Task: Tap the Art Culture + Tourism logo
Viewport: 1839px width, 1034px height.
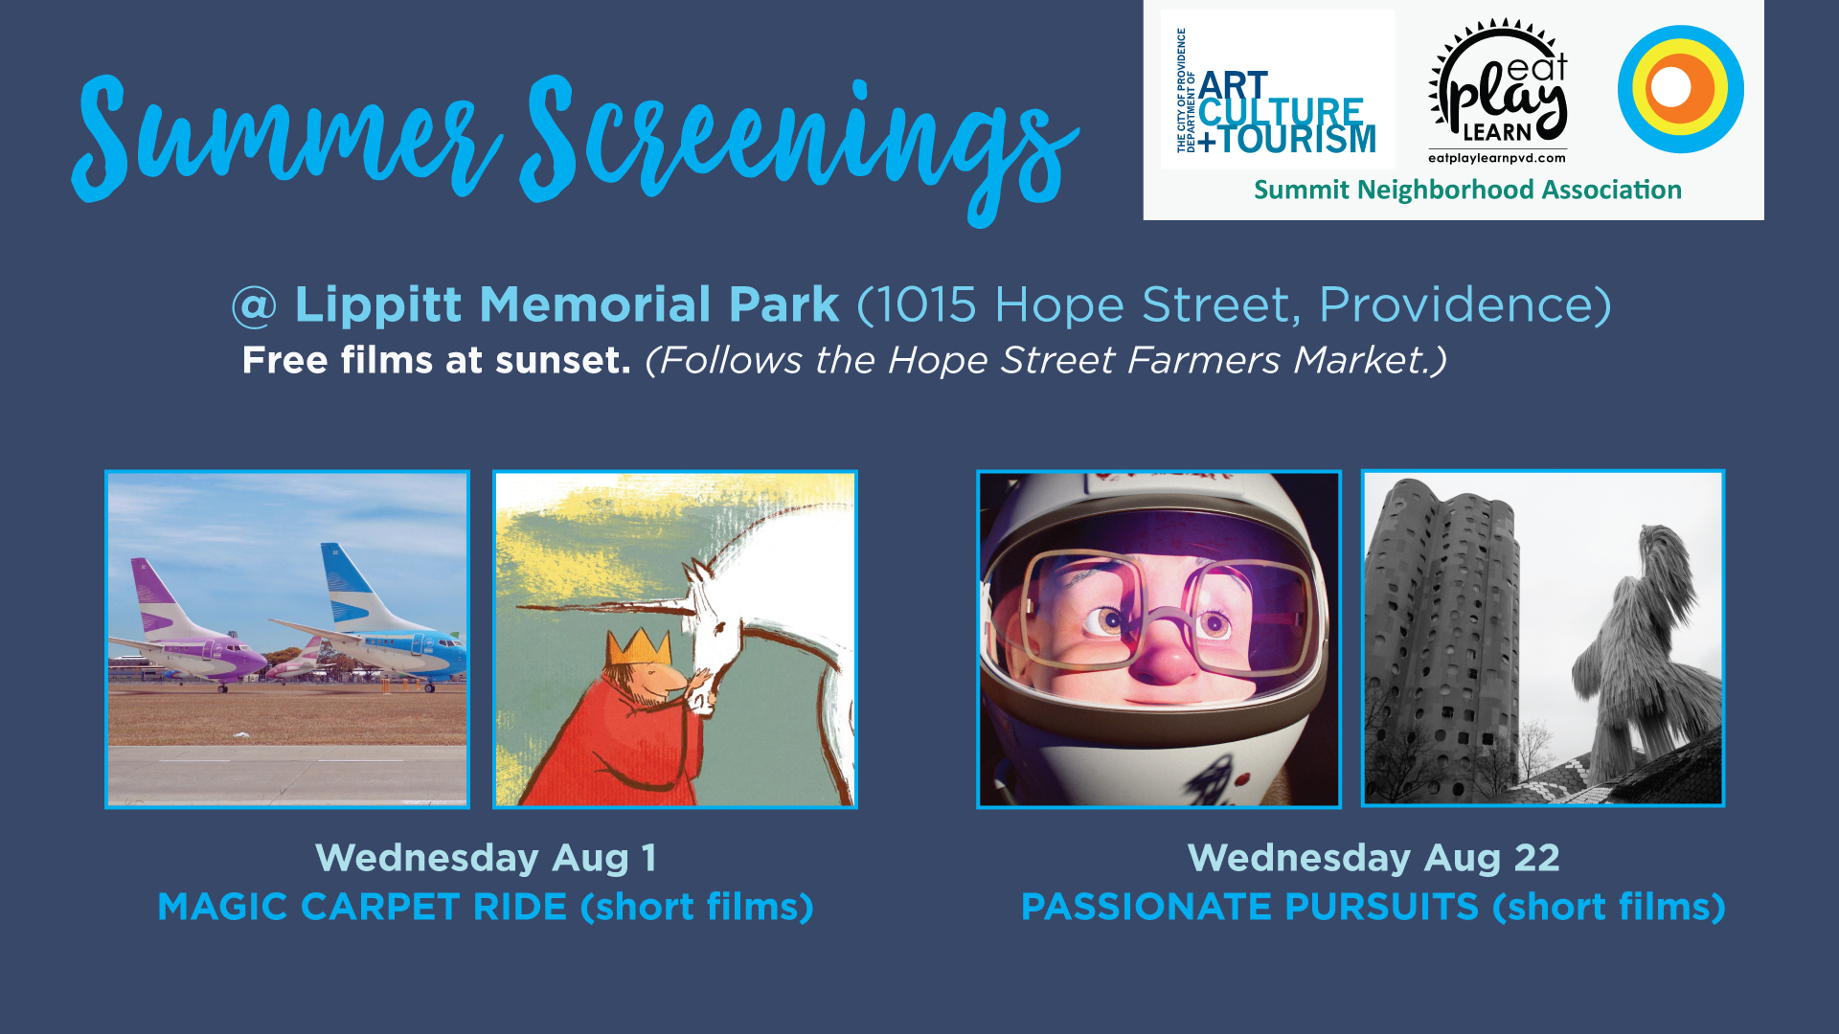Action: click(1277, 91)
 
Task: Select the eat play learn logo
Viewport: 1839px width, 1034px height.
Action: click(1498, 91)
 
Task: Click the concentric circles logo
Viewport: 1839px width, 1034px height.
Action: click(1680, 88)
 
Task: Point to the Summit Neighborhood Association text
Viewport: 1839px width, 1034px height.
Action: click(1467, 190)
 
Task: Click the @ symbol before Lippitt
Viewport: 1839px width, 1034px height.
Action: click(254, 306)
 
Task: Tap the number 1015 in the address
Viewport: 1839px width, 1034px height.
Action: click(926, 305)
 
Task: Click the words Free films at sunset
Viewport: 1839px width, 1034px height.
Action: click(436, 360)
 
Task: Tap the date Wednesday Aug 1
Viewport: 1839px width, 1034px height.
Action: click(486, 858)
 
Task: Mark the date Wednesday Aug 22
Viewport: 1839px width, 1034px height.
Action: click(1374, 858)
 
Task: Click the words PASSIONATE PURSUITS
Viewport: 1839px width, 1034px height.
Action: click(1250, 907)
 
